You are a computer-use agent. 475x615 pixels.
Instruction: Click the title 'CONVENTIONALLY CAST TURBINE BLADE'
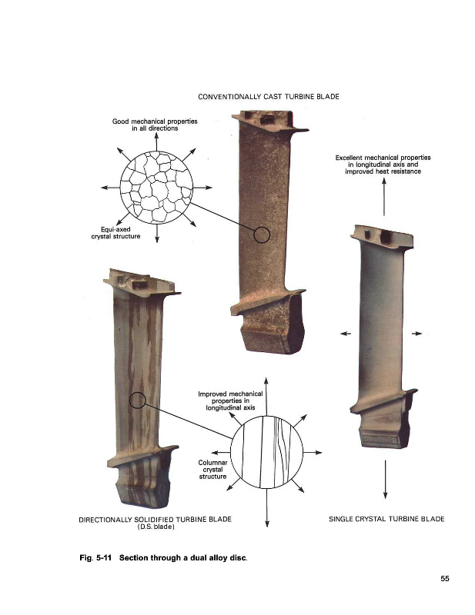(269, 97)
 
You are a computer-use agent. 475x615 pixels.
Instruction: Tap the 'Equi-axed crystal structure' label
(115, 233)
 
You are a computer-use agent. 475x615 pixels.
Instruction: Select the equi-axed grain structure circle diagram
(156, 188)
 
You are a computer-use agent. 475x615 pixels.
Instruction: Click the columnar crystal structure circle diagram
(267, 452)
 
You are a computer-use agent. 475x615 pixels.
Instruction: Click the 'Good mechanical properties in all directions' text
(155, 125)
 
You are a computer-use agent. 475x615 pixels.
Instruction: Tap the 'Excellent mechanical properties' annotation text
(383, 158)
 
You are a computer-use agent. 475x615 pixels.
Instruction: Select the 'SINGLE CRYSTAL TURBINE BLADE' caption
(386, 519)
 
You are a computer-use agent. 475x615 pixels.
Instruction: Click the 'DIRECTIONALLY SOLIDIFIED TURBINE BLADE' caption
(156, 520)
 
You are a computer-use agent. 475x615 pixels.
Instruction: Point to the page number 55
(445, 579)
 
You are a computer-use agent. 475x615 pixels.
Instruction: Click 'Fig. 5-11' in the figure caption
(95, 558)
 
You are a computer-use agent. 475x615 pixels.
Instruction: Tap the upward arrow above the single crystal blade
(384, 197)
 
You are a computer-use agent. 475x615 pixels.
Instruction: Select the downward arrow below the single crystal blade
(385, 479)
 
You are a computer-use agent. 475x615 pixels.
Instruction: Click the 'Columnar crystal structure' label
(212, 470)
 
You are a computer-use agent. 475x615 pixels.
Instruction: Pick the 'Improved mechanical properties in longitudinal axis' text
(230, 401)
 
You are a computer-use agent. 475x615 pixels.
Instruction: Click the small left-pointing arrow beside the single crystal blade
(346, 334)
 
